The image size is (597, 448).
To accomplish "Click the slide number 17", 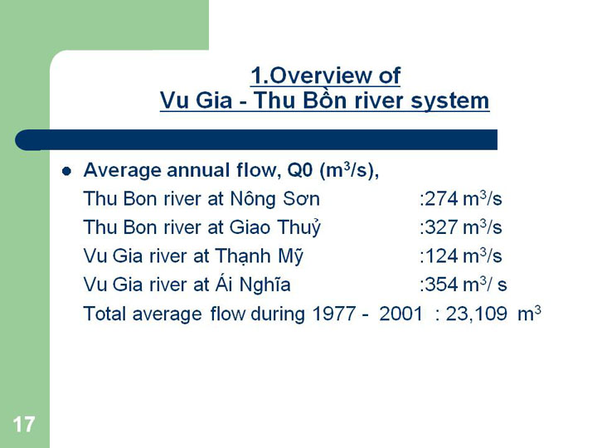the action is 23,424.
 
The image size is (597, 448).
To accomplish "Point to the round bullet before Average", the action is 66,172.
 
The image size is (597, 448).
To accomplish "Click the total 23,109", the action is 476,314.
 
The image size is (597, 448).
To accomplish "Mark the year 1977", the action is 334,314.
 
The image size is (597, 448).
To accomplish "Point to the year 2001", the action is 401,314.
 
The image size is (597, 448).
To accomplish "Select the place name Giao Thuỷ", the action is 275,227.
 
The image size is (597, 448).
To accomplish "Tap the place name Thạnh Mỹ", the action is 259,256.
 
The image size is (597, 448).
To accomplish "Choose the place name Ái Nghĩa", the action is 253,284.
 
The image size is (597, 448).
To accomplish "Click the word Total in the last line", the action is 104,314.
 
